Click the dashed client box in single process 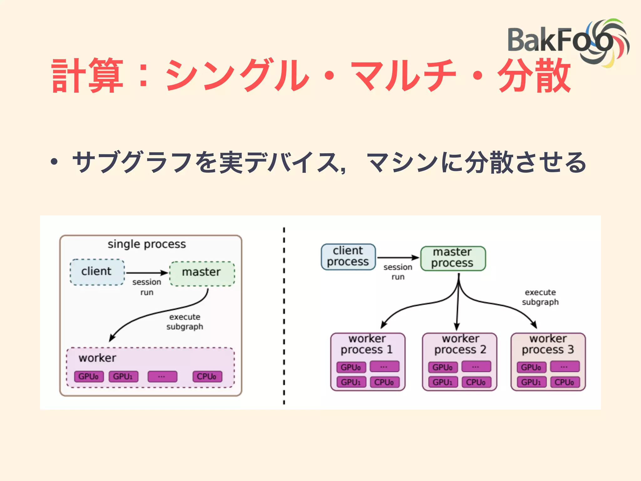click(x=97, y=272)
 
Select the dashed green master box click(x=202, y=273)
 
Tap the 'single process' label click(x=146, y=244)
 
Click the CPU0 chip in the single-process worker click(x=207, y=376)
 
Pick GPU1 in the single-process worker click(x=123, y=376)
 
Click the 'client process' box click(x=348, y=256)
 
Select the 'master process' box click(x=453, y=258)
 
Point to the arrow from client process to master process click(x=397, y=257)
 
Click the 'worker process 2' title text click(x=460, y=344)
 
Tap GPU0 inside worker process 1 click(x=351, y=367)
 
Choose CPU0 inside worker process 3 click(x=564, y=382)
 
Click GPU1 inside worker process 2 click(x=443, y=382)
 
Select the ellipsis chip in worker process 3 click(x=564, y=366)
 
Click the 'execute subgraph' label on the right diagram click(x=540, y=297)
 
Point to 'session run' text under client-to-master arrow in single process click(x=146, y=287)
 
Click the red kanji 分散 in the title click(x=534, y=76)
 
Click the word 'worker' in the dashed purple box click(x=97, y=358)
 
